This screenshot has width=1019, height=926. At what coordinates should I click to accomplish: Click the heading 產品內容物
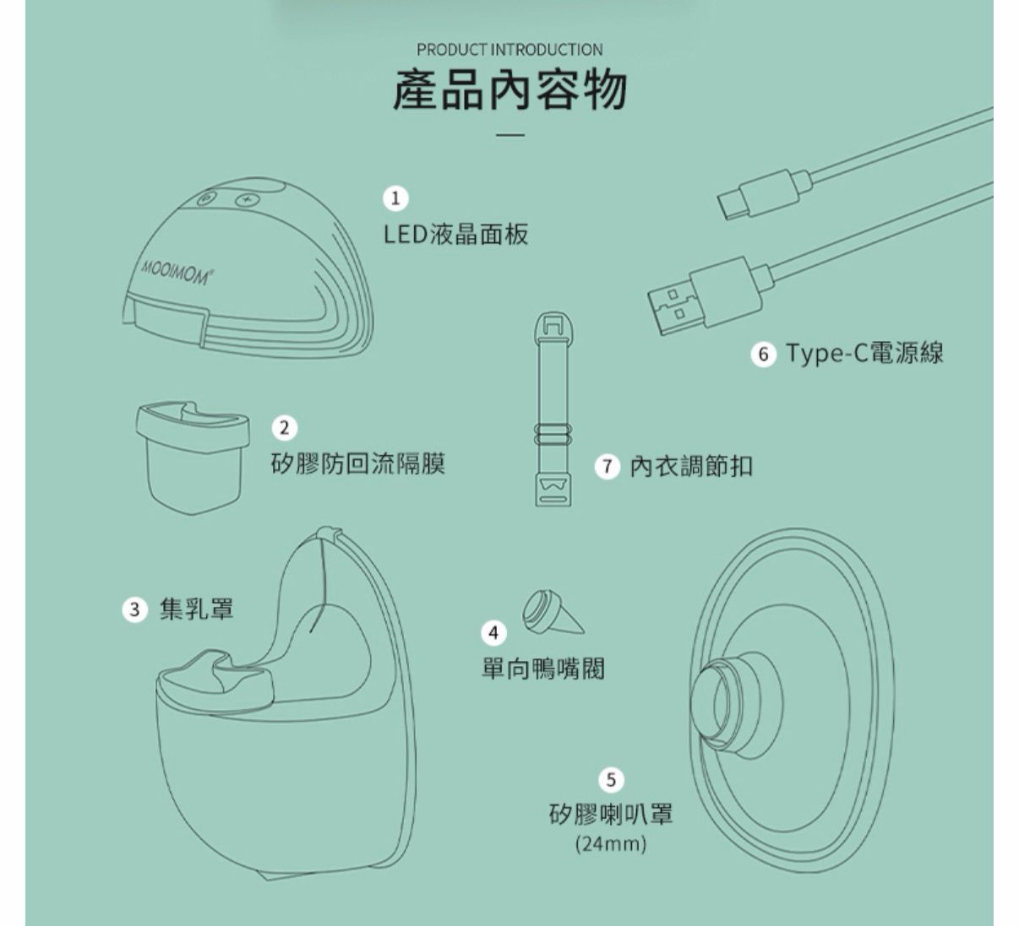(509, 91)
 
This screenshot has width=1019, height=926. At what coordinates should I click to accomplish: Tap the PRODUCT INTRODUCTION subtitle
(509, 50)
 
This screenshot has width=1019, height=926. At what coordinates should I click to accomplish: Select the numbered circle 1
(395, 198)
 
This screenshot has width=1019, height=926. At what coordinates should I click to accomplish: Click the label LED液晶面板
(455, 234)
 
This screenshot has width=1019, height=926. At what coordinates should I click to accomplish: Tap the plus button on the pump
(247, 200)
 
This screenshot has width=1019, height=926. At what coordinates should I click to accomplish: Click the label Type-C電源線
(864, 353)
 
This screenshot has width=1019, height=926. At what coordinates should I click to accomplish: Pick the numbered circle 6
(764, 354)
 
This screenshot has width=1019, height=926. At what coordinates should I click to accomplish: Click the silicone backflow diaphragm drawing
(193, 458)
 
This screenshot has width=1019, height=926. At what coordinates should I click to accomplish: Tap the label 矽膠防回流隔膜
(358, 463)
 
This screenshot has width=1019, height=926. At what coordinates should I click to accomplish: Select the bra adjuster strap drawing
(553, 409)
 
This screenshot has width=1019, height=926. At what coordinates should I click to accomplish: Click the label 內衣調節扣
(691, 466)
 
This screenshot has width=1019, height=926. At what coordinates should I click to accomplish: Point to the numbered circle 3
(134, 609)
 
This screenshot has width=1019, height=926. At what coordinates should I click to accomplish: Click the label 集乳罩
(197, 609)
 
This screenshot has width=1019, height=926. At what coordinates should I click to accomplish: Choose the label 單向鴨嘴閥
(543, 669)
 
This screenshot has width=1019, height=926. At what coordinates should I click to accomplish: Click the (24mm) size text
(611, 844)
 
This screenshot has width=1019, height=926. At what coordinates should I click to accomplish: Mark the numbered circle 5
(611, 779)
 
